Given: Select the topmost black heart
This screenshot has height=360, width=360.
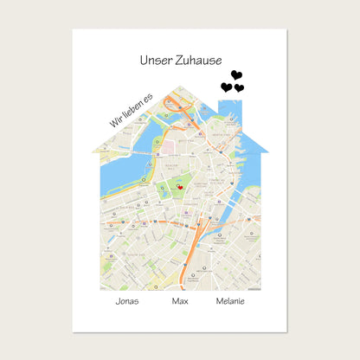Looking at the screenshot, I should coord(236,75).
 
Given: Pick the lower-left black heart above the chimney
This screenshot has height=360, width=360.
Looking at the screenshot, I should coord(227,87).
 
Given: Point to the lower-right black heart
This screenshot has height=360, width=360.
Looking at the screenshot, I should coord(239,88).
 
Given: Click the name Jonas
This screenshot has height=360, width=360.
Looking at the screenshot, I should coord(127,301).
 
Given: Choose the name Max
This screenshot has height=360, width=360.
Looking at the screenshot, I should coord(180,301).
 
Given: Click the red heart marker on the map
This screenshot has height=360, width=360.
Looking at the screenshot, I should coord(179,186).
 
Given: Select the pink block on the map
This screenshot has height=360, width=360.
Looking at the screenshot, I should coord(170,126).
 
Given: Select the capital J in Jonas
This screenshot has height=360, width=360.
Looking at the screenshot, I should coord(118,301).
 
